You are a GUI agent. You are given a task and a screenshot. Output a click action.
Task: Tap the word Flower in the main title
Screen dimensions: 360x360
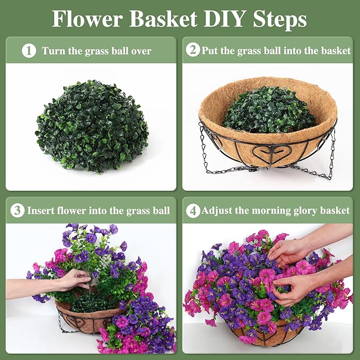tap(86, 19)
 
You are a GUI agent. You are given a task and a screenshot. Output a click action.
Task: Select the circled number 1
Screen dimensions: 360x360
tap(29, 51)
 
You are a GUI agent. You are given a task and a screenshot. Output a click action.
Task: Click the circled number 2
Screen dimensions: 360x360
tap(193, 50)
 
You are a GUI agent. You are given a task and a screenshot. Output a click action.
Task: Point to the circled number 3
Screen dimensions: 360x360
tap(17, 210)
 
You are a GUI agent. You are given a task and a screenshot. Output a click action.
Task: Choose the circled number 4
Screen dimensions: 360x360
tap(193, 210)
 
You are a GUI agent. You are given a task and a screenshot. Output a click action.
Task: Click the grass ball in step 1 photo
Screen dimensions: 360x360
tap(92, 126)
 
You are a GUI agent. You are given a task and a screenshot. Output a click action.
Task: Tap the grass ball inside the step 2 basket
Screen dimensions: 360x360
tap(270, 110)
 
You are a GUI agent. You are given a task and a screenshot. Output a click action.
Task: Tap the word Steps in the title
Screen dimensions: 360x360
tap(279, 19)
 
